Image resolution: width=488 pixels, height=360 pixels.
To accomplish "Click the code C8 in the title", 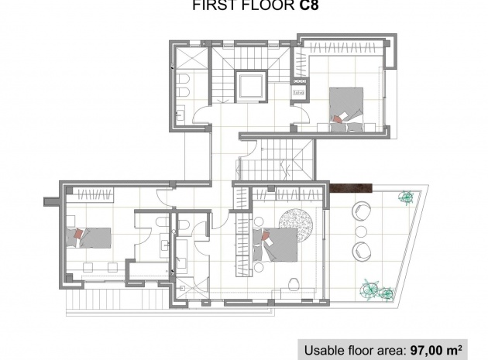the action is point(309,5).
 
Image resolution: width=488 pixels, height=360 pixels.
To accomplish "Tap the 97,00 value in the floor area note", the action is point(427,350).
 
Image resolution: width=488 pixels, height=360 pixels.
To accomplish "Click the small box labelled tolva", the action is point(299,92).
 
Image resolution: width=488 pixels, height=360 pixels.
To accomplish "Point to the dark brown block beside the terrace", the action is point(351,188).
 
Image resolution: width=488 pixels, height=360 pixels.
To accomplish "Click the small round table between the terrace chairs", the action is point(361,231).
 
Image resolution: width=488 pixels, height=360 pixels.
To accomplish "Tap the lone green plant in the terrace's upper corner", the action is point(407,197).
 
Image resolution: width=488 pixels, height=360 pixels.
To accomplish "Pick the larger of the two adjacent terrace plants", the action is point(371,288).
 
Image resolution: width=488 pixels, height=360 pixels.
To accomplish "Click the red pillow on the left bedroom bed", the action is point(79,234).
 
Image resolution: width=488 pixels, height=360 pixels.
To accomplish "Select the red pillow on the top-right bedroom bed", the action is point(336,119).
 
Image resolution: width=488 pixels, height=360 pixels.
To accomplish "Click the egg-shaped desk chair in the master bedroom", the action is point(294,284).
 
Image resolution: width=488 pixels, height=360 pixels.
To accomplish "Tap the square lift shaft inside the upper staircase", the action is point(251,86).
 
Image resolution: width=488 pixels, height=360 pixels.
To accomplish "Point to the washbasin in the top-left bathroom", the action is point(180,113).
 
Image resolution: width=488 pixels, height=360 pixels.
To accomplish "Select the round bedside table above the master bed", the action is point(258,222).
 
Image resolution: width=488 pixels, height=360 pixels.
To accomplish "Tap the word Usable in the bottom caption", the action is point(322,351).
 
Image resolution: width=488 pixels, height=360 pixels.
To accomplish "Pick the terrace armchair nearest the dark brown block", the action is point(361,210).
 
